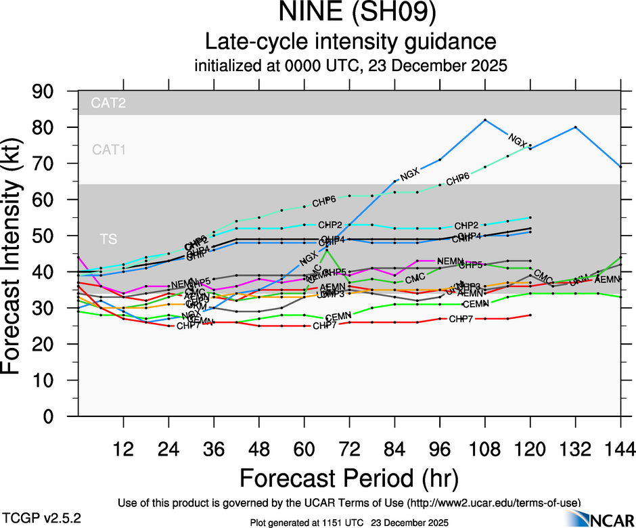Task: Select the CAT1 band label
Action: click(110, 150)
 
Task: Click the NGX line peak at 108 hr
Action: click(485, 120)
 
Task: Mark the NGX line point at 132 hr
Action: click(576, 127)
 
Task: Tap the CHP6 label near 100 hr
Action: click(457, 179)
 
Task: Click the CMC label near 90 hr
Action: click(415, 278)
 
